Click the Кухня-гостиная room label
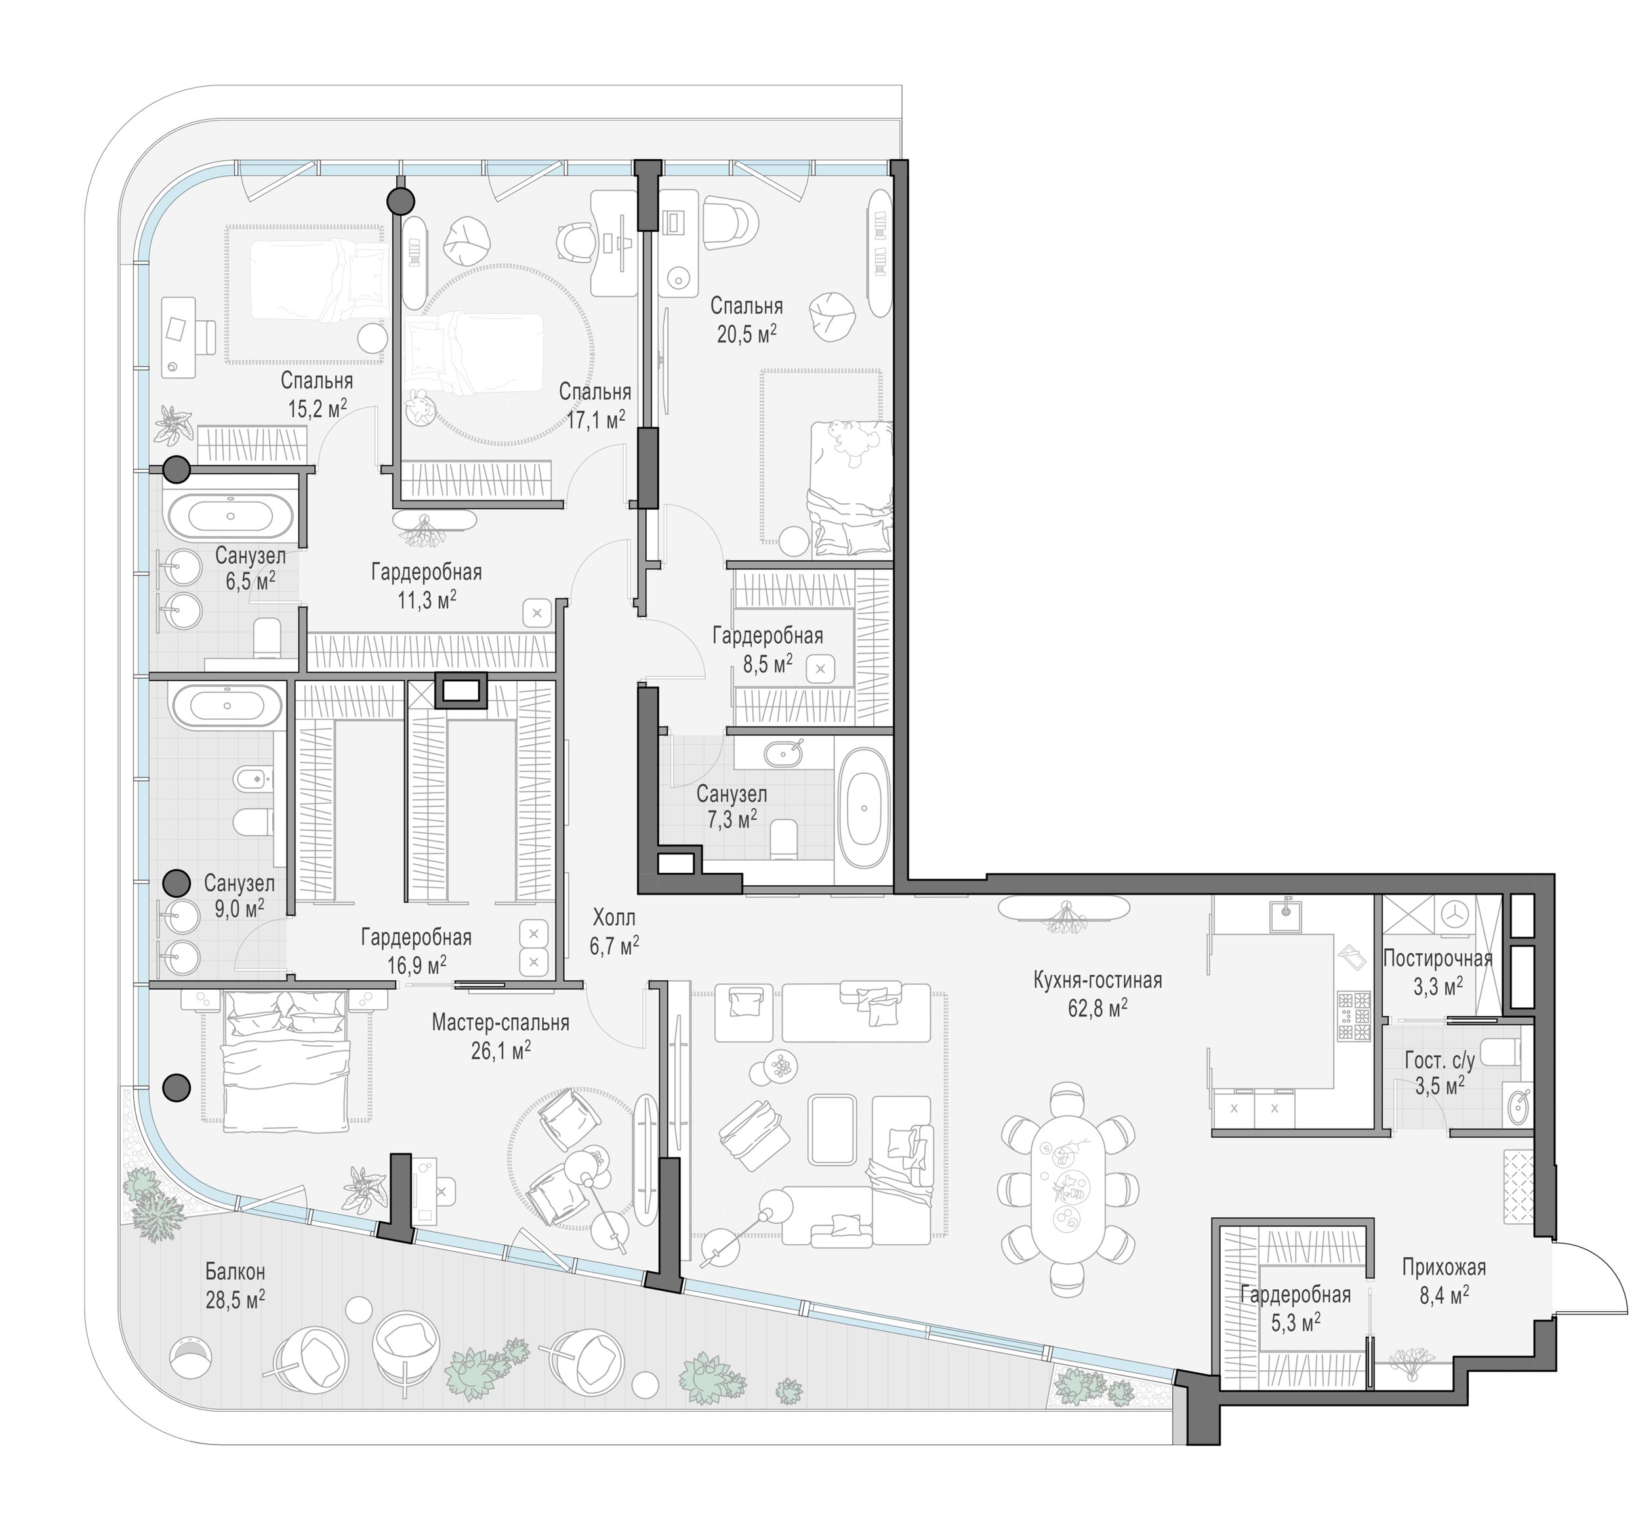coord(1097,980)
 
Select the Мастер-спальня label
coord(500,1023)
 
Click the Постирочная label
coord(1438,958)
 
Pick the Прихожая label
coord(1444,1267)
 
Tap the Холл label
coord(614,917)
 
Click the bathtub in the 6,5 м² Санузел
coord(230,516)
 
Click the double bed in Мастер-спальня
coord(285,1060)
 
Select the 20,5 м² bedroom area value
coord(747,334)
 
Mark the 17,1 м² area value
coord(596,420)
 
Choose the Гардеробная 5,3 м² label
coord(1295,1308)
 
